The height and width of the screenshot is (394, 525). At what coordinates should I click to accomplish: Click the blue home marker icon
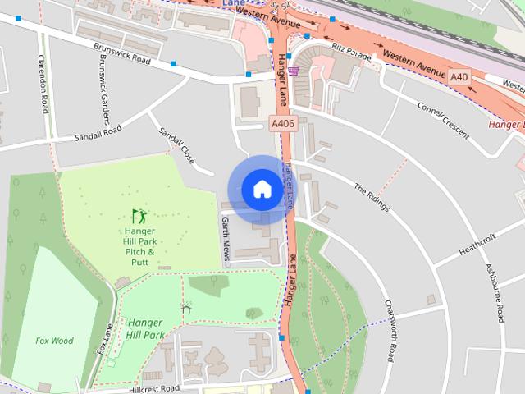point(262,189)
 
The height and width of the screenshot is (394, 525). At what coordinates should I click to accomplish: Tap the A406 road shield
point(283,123)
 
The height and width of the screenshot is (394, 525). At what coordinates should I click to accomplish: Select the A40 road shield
point(459,77)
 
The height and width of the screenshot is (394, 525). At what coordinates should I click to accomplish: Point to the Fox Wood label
point(54,340)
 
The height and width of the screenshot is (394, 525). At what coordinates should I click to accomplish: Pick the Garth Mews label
point(226,239)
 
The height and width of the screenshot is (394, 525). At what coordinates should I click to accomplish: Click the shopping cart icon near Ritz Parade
point(293,71)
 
